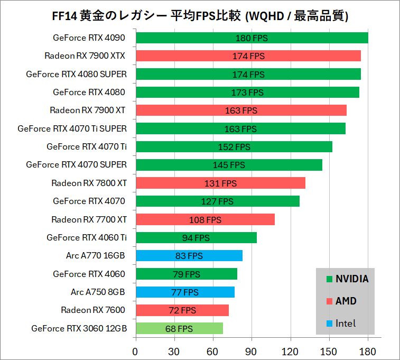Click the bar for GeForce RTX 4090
(252, 38)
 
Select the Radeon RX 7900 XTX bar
(248, 56)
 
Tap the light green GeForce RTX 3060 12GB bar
(179, 328)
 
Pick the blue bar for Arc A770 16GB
(189, 256)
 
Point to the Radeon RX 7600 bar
(182, 310)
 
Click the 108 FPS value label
(205, 219)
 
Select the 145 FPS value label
(229, 165)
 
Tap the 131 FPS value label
(220, 183)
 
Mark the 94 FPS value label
(196, 238)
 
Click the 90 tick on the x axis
(252, 351)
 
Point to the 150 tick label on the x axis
(329, 351)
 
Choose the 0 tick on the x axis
(136, 351)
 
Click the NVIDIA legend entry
(352, 279)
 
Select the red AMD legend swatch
(329, 301)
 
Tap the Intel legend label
(346, 323)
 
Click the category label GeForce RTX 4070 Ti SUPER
(72, 128)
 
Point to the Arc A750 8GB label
(98, 292)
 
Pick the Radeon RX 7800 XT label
(89, 183)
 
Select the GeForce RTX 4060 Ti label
(87, 237)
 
